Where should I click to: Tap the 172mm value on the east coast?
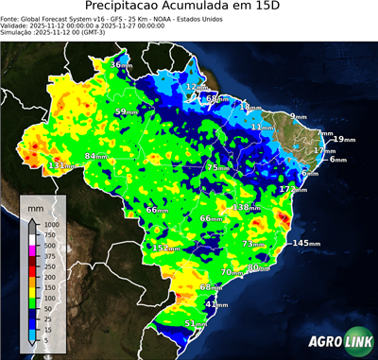292,190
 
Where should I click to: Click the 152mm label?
165,248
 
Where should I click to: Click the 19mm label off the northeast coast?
343,140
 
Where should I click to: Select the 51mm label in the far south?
195,324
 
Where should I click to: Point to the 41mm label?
216,304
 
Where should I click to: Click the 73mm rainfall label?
254,244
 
